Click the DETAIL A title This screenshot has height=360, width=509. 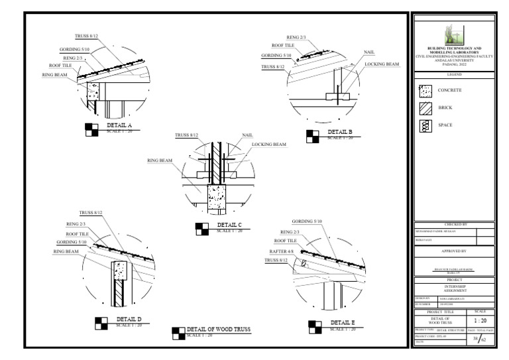click(x=119, y=125)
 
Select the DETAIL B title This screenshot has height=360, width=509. click(x=340, y=132)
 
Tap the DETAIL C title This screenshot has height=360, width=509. click(x=229, y=225)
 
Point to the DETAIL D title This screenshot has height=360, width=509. click(x=129, y=320)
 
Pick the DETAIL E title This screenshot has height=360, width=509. click(x=341, y=322)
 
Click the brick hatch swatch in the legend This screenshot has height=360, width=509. click(x=426, y=108)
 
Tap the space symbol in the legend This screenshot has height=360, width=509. click(x=426, y=126)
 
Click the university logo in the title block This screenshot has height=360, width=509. click(x=455, y=34)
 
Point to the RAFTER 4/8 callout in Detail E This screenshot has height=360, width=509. click(x=277, y=251)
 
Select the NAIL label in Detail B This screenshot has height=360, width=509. click(x=369, y=52)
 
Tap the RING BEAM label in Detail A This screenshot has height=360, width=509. click(x=54, y=75)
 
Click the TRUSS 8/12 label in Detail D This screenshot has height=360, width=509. click(x=91, y=213)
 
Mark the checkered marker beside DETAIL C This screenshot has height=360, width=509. click(x=202, y=229)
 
